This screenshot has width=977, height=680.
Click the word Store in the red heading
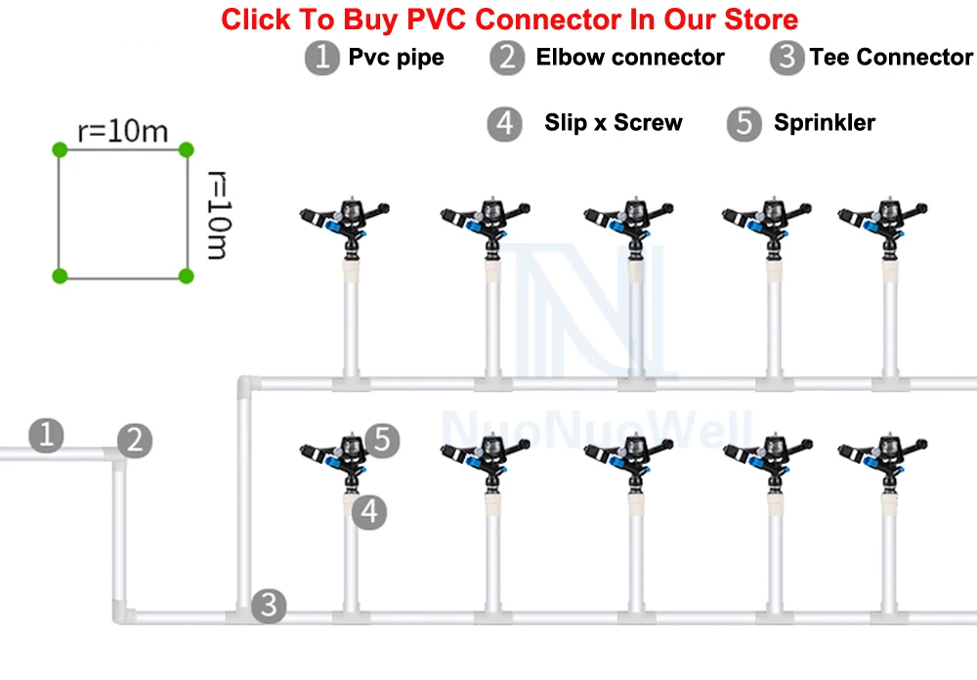[760, 20]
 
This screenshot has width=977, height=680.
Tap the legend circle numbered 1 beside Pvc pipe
[322, 58]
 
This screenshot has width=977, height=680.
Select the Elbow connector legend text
[630, 58]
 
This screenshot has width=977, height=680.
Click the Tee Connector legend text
[891, 58]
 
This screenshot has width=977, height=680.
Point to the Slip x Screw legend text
[614, 123]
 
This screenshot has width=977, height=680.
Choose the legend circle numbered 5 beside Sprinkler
[743, 123]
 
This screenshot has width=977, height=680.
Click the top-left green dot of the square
[60, 149]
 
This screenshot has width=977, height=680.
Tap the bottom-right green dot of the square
[186, 276]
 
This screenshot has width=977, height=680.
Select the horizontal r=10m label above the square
[123, 132]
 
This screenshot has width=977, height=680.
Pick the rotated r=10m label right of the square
[219, 214]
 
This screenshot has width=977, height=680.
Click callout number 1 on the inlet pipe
[46, 435]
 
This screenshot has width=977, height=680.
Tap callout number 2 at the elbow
[135, 442]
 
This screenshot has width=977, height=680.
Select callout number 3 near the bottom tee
[269, 605]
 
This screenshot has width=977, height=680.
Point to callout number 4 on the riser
[369, 512]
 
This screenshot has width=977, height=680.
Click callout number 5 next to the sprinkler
[382, 441]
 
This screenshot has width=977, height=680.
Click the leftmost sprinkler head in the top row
[345, 225]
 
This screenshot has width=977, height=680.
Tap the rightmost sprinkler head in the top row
[883, 225]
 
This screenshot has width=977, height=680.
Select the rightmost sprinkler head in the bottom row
[883, 461]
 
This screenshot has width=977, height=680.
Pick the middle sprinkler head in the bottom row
[628, 461]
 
